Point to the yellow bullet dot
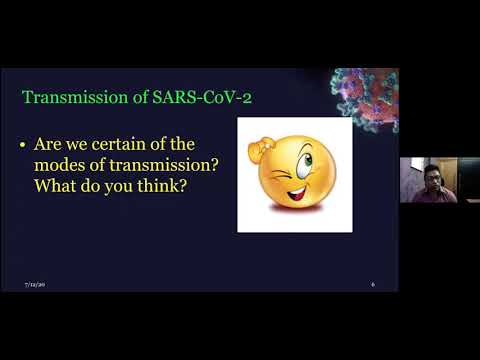tap(23, 146)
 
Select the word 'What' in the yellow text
tap(54, 186)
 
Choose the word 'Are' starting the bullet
tap(50, 146)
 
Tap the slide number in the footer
tap(373, 285)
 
